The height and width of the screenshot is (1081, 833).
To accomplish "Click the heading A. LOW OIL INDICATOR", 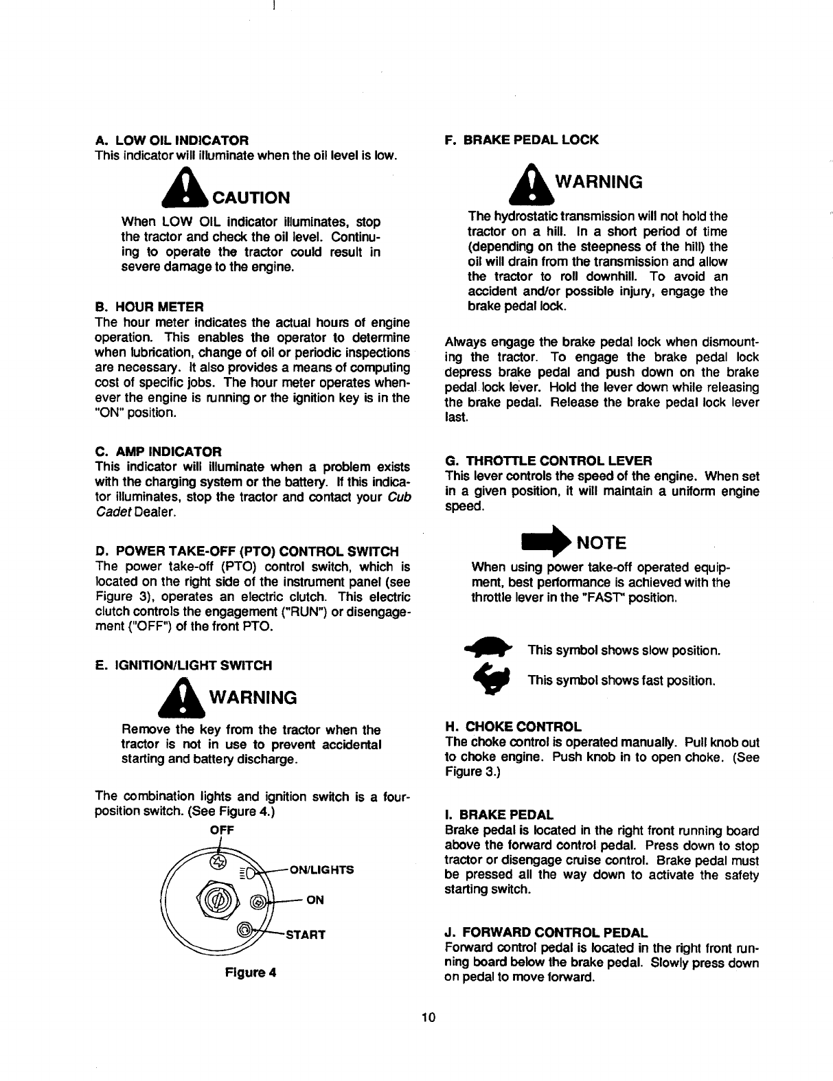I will pos(171,140).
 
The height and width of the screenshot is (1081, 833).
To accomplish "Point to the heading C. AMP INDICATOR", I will pos(158,451).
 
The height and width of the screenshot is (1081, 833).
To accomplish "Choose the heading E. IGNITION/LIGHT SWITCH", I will pos(183,665).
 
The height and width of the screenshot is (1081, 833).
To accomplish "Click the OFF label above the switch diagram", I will pos(222,830).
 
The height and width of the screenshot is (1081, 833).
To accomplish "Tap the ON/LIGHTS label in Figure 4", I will pos(323,869).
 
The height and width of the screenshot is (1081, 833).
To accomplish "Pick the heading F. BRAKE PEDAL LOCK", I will pos(522,140).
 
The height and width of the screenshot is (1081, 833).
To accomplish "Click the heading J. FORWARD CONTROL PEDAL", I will pos(546,933).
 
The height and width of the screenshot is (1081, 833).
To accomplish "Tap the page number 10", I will pos(429,1018).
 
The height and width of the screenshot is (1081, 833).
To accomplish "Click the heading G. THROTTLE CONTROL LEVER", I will pos(548,459).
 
